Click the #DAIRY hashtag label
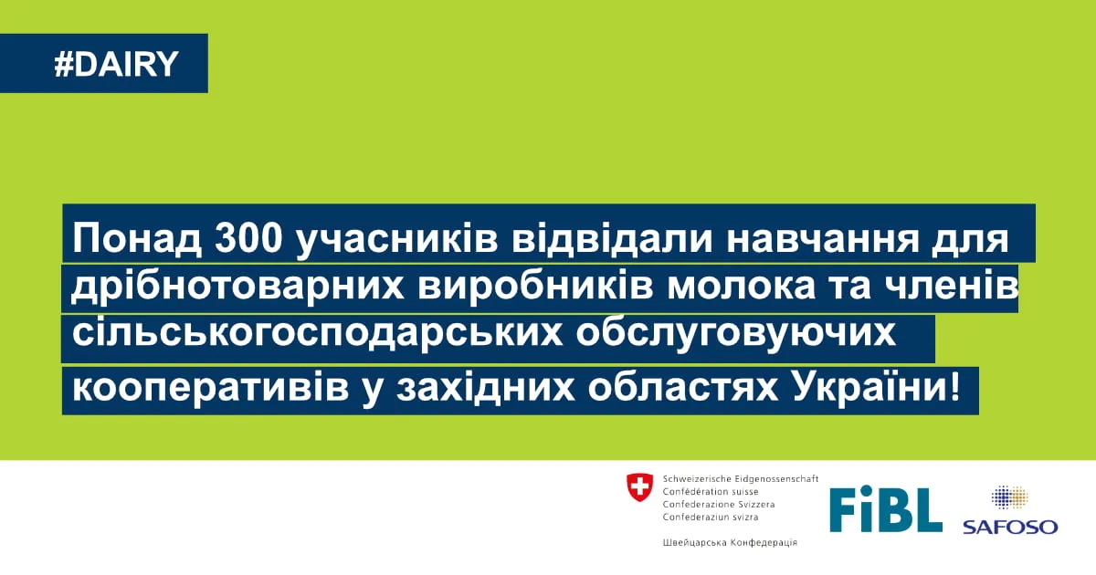(x=117, y=64)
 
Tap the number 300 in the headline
(x=248, y=238)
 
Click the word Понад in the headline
(x=137, y=239)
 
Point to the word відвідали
(x=612, y=238)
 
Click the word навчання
(x=823, y=239)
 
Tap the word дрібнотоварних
(x=237, y=287)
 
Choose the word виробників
(x=536, y=287)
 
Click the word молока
(x=742, y=287)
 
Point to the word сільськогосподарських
(x=318, y=333)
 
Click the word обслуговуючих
(x=735, y=333)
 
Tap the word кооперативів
(x=210, y=388)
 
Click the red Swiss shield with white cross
(x=639, y=487)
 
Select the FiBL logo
(x=886, y=509)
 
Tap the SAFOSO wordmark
(x=1010, y=528)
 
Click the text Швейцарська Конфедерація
(x=730, y=542)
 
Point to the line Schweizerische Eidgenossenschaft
(x=741, y=479)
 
